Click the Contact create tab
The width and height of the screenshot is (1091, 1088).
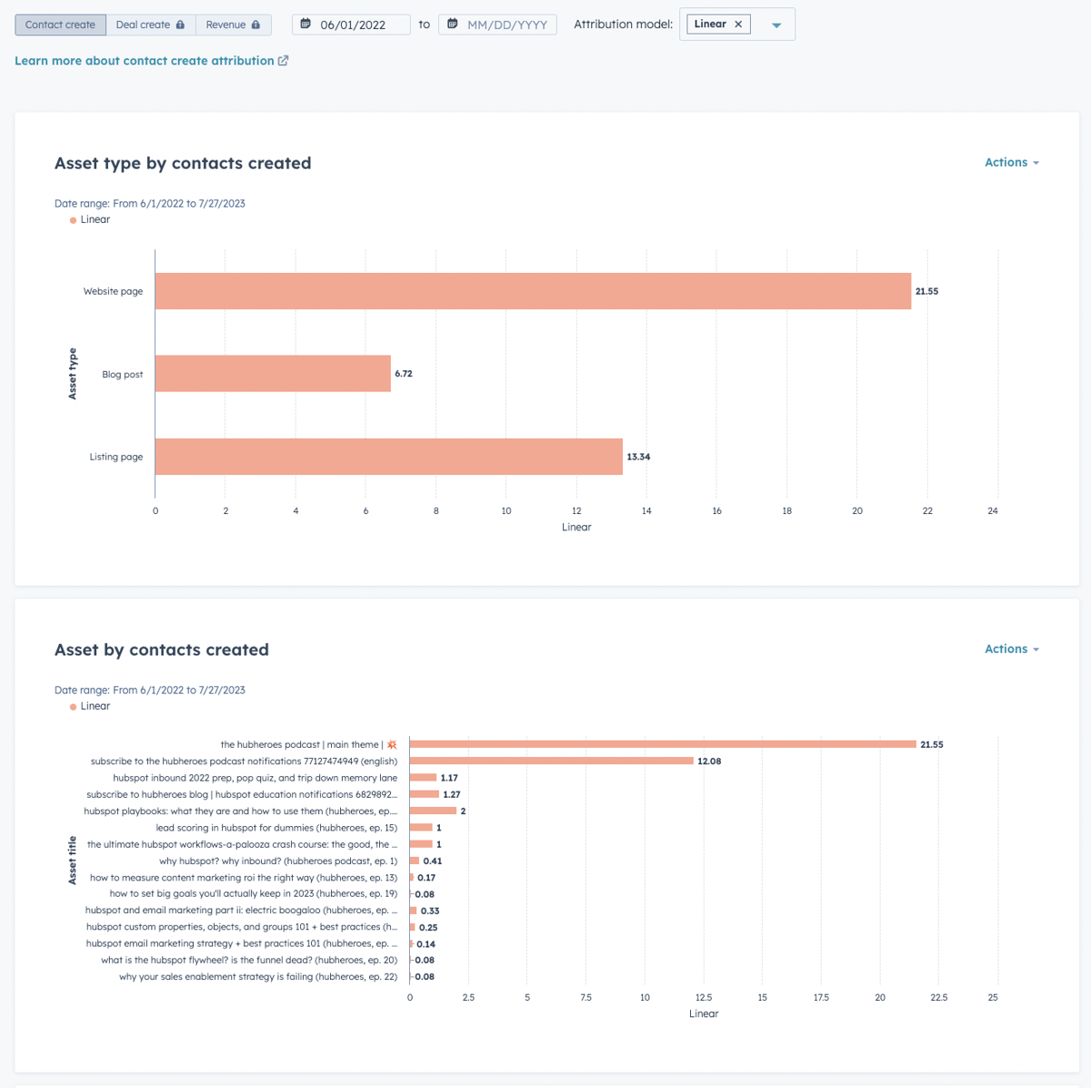point(60,25)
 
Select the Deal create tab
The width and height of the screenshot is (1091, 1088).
point(150,25)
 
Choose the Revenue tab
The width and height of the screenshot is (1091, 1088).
point(233,25)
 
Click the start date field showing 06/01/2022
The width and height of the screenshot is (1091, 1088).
point(353,25)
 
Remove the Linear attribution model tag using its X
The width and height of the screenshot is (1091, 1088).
point(738,25)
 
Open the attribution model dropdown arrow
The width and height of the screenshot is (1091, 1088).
point(776,25)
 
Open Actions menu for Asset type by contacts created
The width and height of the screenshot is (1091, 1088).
point(1011,163)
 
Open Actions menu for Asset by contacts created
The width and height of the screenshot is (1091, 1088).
point(1011,650)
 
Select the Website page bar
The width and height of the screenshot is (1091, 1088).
point(533,291)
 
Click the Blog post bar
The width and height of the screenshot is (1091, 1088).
point(273,374)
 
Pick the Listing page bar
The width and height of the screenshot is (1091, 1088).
point(388,457)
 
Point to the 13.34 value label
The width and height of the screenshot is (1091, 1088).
point(638,457)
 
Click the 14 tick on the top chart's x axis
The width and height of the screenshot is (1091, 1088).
point(646,511)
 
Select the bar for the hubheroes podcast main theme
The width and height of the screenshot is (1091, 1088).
point(663,744)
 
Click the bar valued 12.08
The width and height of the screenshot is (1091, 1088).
point(551,761)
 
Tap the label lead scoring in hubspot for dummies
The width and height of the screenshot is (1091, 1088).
point(276,828)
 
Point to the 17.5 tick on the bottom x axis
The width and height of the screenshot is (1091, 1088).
point(821,998)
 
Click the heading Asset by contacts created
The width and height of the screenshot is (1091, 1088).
point(162,650)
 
